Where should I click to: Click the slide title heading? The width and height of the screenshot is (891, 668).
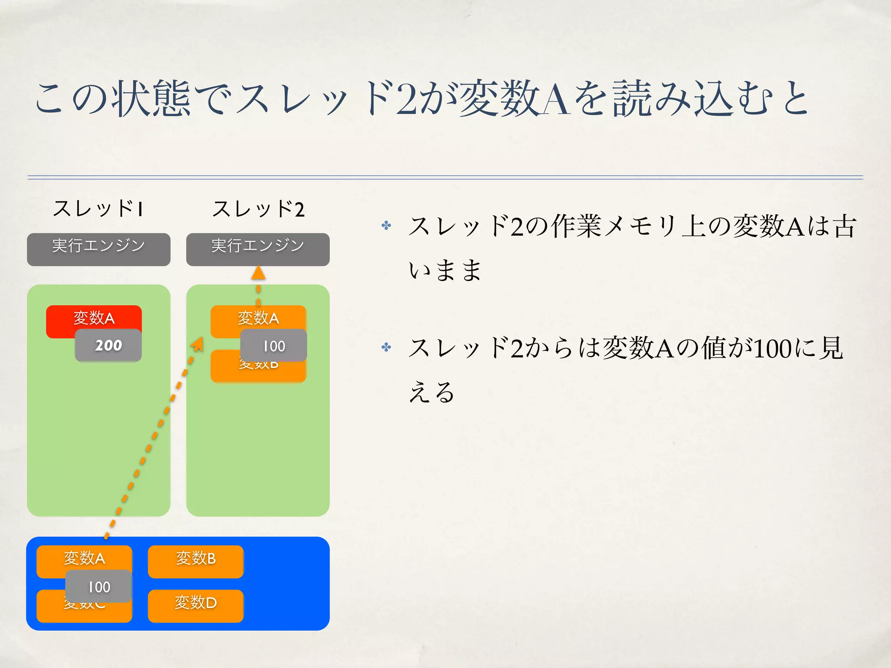coord(421,98)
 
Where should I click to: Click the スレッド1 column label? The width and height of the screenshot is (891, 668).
coord(98,209)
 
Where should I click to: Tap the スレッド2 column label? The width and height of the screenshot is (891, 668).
coord(258,209)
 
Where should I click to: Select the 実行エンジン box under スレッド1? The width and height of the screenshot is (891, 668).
coord(99,249)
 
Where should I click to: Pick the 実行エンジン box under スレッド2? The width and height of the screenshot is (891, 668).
coord(258,249)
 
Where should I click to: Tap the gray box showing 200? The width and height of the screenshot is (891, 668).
coord(108,345)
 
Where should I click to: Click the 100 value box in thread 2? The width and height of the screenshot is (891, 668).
coord(274,346)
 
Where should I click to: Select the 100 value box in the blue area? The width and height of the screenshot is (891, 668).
coord(99,587)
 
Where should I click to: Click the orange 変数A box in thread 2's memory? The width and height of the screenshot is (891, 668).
coord(258,317)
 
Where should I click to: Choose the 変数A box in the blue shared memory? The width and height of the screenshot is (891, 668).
coord(84,558)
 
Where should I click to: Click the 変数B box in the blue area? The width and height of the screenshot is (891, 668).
coord(196,561)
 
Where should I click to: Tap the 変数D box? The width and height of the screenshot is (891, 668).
coord(196,606)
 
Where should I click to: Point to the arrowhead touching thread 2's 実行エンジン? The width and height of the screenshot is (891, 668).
coord(258,273)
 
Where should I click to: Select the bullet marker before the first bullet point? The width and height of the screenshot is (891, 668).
coord(386,225)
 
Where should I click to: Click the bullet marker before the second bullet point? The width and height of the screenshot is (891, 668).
coord(386,347)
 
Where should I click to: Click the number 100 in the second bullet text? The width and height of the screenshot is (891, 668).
coord(772,349)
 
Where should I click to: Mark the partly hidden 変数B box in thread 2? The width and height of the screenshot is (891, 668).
coord(258,372)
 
